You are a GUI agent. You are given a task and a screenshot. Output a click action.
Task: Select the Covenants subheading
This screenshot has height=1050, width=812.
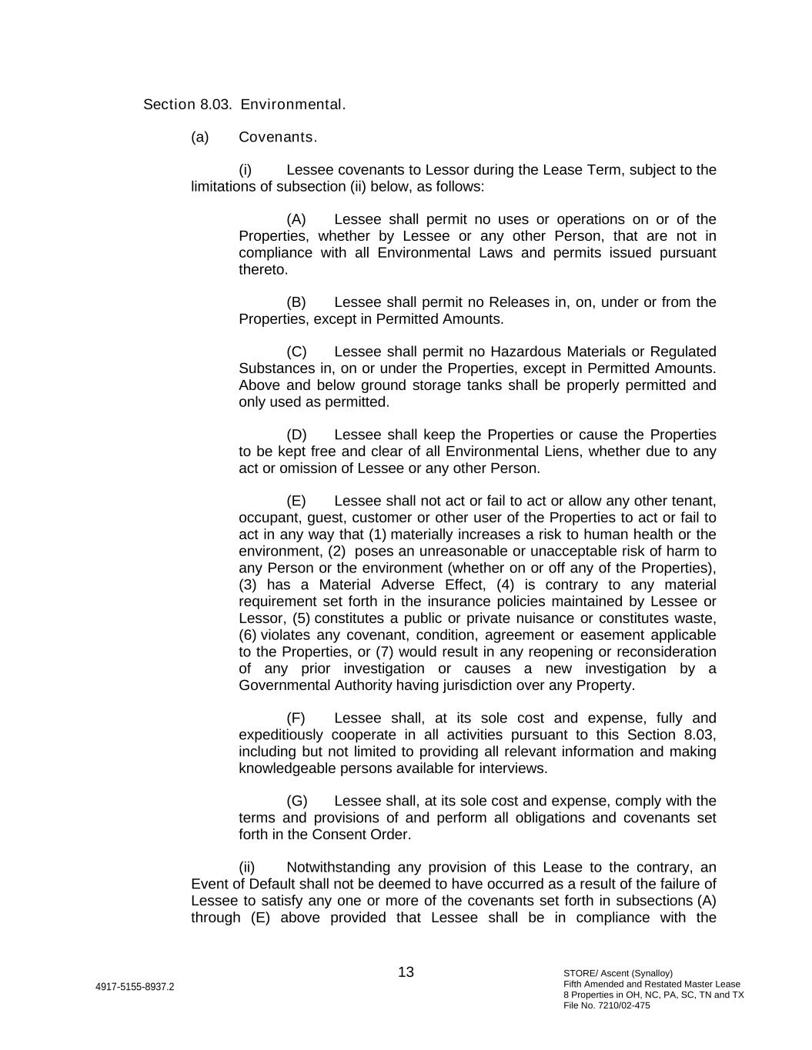(x=277, y=138)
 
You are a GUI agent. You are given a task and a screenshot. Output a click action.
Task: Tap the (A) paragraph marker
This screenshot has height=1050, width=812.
(x=296, y=220)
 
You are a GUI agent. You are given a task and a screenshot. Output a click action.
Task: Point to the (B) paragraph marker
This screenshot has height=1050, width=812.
(x=296, y=302)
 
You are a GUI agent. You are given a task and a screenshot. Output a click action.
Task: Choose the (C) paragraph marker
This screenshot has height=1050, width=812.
(x=296, y=352)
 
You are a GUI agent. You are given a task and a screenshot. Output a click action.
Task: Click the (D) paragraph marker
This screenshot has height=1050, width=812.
(x=296, y=435)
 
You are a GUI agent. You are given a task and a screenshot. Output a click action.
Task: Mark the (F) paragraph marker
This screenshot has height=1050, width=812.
(x=296, y=718)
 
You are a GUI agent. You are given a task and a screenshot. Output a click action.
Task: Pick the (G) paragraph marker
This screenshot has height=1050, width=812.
(x=296, y=802)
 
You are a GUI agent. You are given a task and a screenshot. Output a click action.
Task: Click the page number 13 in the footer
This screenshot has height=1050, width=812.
(x=406, y=972)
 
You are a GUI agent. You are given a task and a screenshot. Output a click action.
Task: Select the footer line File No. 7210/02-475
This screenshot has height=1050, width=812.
(x=606, y=1005)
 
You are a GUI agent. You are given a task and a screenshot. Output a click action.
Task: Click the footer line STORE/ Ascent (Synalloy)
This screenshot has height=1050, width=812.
(x=617, y=973)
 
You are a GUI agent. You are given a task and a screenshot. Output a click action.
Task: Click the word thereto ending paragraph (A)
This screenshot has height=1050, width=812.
(x=263, y=270)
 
